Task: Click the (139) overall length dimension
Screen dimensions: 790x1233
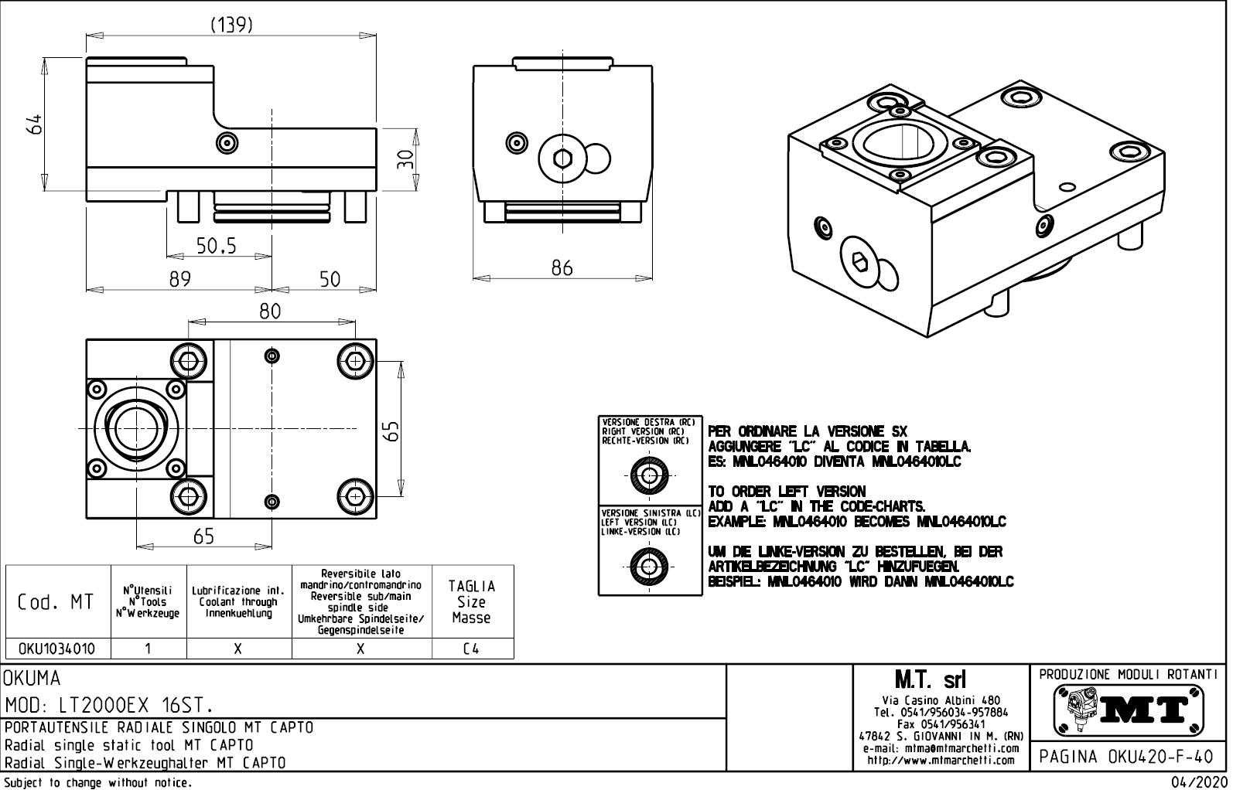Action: (x=231, y=25)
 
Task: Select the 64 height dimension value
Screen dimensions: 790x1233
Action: (x=33, y=124)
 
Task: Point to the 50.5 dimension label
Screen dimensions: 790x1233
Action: (x=216, y=246)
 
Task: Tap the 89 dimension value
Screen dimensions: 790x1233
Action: (x=180, y=279)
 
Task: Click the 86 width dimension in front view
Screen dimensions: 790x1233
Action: (x=562, y=268)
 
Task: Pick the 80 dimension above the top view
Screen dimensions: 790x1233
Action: (x=270, y=311)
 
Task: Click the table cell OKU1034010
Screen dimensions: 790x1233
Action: (x=56, y=649)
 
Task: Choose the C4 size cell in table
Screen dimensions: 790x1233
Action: (x=471, y=649)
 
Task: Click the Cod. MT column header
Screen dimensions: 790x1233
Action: (x=56, y=602)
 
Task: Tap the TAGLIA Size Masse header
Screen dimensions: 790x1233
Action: (x=471, y=601)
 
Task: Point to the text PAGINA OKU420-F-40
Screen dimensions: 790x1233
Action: (x=1128, y=756)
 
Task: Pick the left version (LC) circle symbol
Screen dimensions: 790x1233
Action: (x=649, y=567)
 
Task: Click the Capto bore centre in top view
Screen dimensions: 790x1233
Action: (x=135, y=428)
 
